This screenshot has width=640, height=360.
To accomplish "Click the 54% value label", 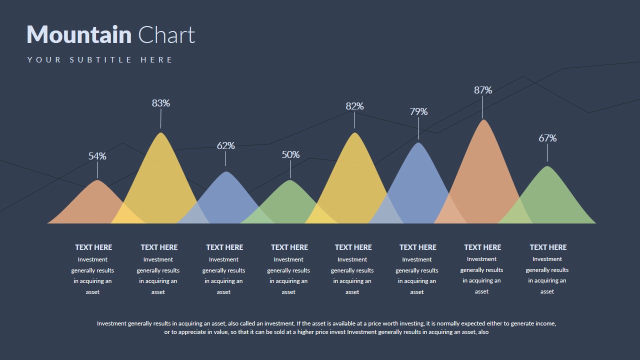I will [97, 156].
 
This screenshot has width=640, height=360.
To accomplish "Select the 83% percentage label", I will [161, 103].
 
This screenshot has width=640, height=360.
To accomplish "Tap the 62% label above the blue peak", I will [226, 145].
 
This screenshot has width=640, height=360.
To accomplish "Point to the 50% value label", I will [290, 154].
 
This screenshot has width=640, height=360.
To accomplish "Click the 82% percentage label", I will [354, 106].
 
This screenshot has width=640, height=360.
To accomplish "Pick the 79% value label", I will [418, 111].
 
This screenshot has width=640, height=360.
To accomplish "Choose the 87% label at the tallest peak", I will [483, 90].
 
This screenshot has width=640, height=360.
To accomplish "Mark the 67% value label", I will [547, 138].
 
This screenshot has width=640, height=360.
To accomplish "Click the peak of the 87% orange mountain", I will [483, 120].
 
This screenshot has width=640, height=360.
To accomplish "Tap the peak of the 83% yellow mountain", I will [161, 133].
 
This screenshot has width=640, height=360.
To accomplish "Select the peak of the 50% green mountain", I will [290, 181].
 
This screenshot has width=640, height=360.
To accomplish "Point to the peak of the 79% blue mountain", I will [418, 144].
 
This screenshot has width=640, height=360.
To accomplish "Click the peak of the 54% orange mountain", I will [97, 181].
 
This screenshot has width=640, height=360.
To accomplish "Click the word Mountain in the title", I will [79, 35].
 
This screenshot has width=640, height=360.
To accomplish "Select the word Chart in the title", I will [166, 35].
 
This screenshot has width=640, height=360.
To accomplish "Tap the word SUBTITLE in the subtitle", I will [101, 60].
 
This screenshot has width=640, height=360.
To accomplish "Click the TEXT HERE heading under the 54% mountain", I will [93, 247].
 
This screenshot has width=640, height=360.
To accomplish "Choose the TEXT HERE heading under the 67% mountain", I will [548, 247].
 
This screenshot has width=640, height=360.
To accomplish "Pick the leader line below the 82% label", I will [354, 120].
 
